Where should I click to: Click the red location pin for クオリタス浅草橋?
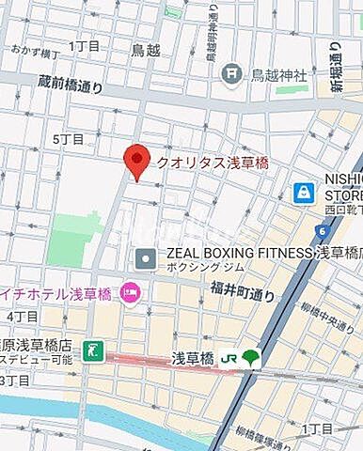(x=138, y=162)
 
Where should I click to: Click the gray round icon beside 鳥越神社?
(x=230, y=73)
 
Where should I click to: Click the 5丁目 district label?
(x=69, y=139)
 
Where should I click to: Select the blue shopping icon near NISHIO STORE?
(x=303, y=193)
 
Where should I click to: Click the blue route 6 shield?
(x=322, y=230)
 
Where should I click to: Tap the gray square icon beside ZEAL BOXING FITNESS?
(x=146, y=256)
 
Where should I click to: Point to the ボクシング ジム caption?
(x=197, y=268)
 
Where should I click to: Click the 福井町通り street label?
(x=242, y=293)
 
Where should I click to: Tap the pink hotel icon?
(x=130, y=294)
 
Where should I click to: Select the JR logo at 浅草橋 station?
(x=228, y=358)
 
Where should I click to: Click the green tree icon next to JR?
(x=249, y=358)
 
